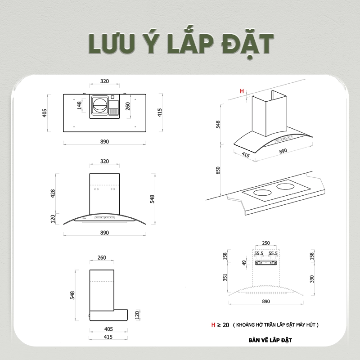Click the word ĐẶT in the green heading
pyautogui.click(x=248, y=44)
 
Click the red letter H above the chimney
pyautogui.click(x=242, y=91)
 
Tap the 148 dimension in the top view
pyautogui.click(x=80, y=105)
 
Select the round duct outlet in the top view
pyautogui.click(x=99, y=105)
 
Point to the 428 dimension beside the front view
pyautogui.click(x=53, y=193)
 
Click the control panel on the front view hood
pyautogui.click(x=105, y=217)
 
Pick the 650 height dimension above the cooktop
pyautogui.click(x=218, y=170)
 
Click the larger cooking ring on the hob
pyautogui.click(x=263, y=193)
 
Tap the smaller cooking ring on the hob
pyautogui.click(x=285, y=186)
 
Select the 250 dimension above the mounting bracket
pyautogui.click(x=266, y=243)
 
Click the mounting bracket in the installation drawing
pyautogui.click(x=266, y=263)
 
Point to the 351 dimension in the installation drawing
pyautogui.click(x=225, y=277)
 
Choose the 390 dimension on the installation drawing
pyautogui.click(x=311, y=279)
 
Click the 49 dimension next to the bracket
pyautogui.click(x=244, y=263)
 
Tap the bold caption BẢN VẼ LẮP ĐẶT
pyautogui.click(x=270, y=340)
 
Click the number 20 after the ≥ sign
pyautogui.click(x=226, y=325)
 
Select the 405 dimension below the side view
pyautogui.click(x=108, y=329)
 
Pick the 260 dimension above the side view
pyautogui.click(x=102, y=257)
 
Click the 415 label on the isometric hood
pyautogui.click(x=245, y=155)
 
